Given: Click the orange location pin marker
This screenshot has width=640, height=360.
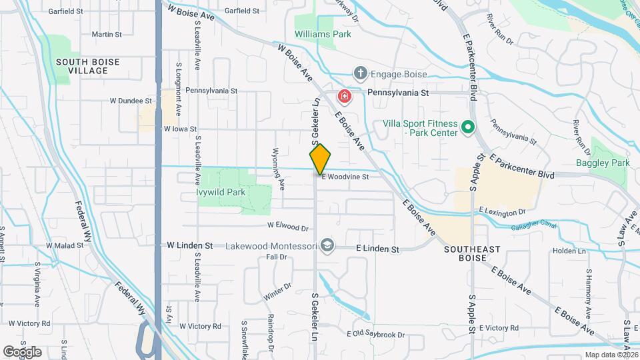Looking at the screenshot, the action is (x=320, y=159).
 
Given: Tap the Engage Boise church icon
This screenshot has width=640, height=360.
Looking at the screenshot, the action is (x=360, y=73).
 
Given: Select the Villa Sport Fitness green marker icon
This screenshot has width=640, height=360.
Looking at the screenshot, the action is (x=468, y=126).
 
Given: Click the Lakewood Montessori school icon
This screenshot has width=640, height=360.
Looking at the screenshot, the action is (x=327, y=246).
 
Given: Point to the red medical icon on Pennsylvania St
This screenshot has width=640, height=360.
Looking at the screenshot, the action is (x=345, y=97).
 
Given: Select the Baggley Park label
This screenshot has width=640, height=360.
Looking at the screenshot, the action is (x=603, y=163).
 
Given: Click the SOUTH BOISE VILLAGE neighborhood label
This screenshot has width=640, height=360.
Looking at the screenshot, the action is (x=87, y=66).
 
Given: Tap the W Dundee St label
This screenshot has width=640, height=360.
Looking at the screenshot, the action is (x=131, y=101).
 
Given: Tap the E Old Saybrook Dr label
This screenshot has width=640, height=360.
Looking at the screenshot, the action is (x=376, y=335).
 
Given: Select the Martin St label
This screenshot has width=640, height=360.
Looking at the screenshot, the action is (x=107, y=34).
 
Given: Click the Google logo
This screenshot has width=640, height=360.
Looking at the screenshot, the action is (x=22, y=351).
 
